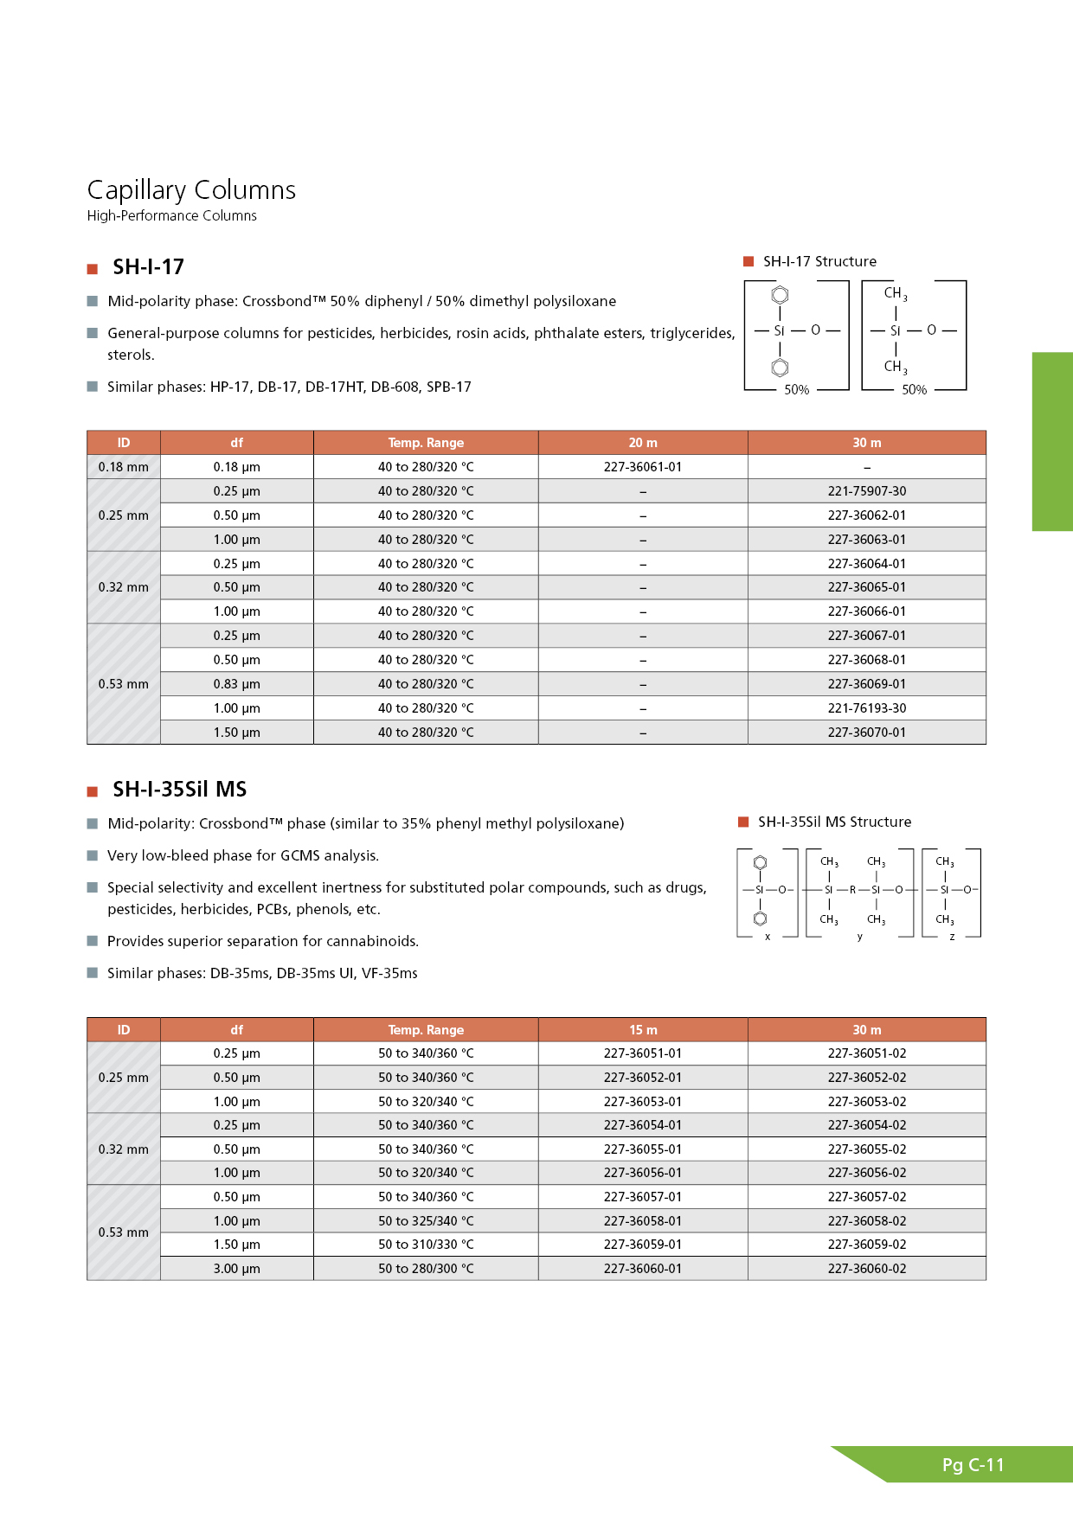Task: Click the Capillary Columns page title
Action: tap(191, 189)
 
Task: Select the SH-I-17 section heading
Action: tap(148, 266)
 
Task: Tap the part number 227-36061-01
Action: tap(642, 467)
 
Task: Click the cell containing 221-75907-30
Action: tap(866, 491)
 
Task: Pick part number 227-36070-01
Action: tap(866, 733)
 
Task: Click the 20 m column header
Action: tap(642, 443)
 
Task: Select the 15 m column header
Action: tap(642, 1030)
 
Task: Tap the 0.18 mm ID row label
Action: tap(123, 467)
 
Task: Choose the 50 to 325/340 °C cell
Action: tap(426, 1221)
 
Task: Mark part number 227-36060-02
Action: tap(866, 1269)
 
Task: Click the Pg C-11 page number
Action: tap(973, 1465)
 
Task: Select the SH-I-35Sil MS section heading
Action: tap(179, 789)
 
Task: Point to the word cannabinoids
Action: tap(375, 941)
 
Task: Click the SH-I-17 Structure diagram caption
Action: tap(819, 261)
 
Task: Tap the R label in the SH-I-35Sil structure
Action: tap(852, 889)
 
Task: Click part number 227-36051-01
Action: tap(642, 1053)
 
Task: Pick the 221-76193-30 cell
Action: tap(866, 708)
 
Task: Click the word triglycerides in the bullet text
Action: tap(691, 333)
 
